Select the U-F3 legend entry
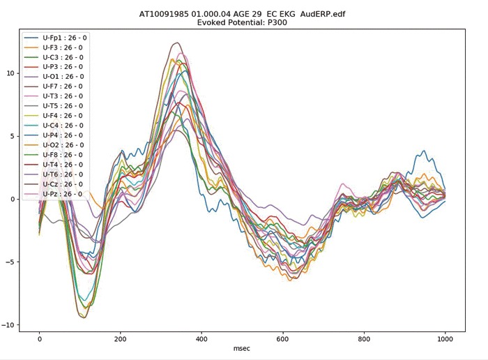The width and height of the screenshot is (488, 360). click(63, 47)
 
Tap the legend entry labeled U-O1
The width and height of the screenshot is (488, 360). click(63, 76)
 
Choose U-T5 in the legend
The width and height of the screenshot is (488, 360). click(63, 106)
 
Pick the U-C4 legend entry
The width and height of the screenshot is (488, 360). click(63, 126)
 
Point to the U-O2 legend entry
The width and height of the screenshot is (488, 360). click(63, 145)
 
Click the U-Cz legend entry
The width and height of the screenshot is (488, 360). click(63, 184)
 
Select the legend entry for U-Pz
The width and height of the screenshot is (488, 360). click(63, 194)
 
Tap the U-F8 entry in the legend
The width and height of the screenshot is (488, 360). click(63, 155)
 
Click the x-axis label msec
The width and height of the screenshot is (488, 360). click(243, 347)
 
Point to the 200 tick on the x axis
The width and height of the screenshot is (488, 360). click(120, 338)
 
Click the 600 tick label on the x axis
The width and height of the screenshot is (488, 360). click(282, 338)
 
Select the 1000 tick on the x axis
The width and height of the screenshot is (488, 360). click(444, 338)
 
